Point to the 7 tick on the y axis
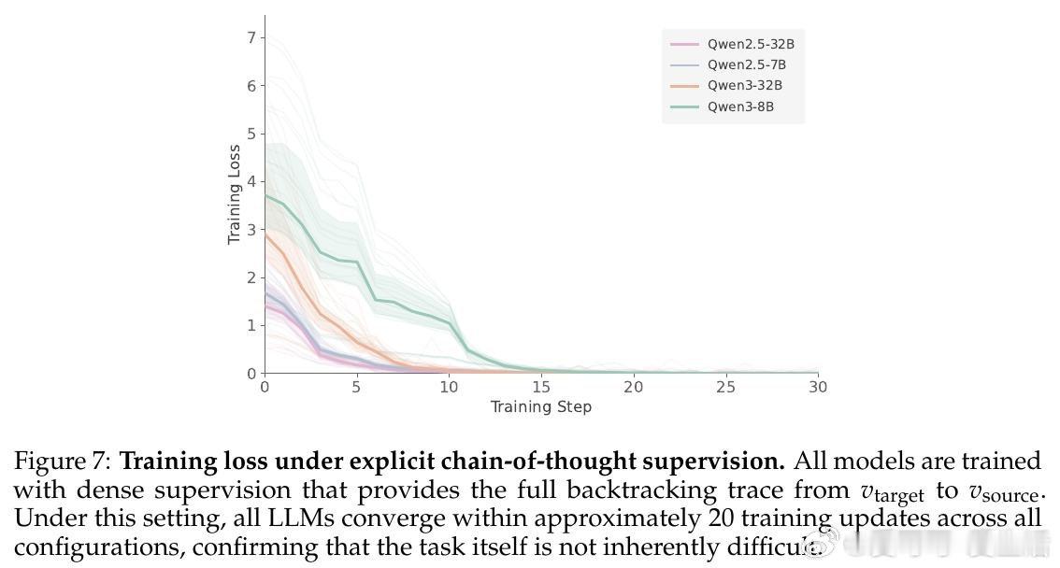pos(251,37)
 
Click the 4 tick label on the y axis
pos(251,181)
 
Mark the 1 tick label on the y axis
pos(251,325)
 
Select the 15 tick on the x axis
pos(541,387)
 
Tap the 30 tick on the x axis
pos(818,387)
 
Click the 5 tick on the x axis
pos(357,387)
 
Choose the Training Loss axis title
pos(234,194)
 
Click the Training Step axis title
pos(541,406)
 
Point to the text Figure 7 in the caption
pos(63,461)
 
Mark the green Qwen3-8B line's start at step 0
pos(265,195)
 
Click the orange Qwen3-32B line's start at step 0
pos(265,234)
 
